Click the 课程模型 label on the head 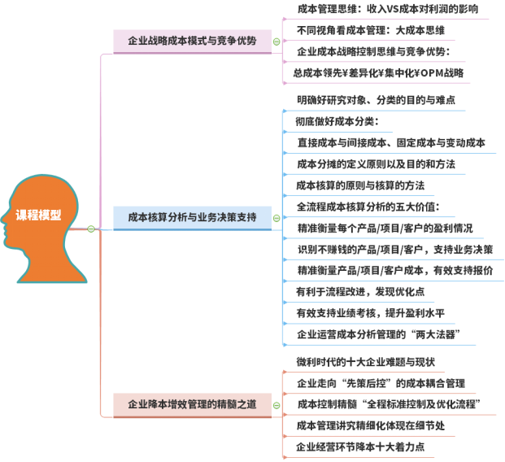click(37, 216)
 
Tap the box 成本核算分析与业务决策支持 click(192, 217)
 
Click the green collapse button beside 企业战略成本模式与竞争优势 click(276, 41)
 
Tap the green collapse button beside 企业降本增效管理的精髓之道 click(276, 403)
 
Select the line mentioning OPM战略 click(379, 72)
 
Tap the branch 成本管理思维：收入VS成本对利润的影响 click(382, 10)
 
